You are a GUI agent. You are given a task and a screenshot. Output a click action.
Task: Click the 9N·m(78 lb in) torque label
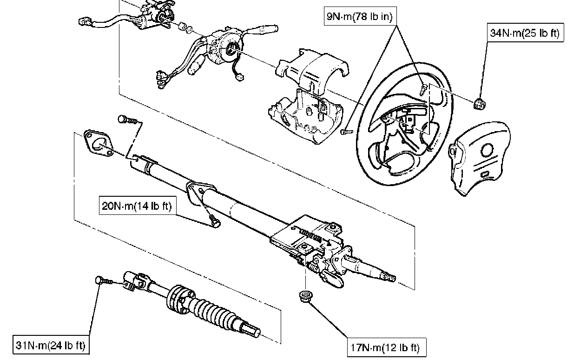coord(359,17)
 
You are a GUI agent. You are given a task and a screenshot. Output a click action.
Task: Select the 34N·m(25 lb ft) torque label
coord(525,34)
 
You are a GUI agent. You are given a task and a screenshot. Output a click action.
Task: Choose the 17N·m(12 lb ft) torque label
coord(386,347)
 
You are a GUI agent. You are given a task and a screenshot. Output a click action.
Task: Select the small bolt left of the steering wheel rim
coord(345,132)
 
